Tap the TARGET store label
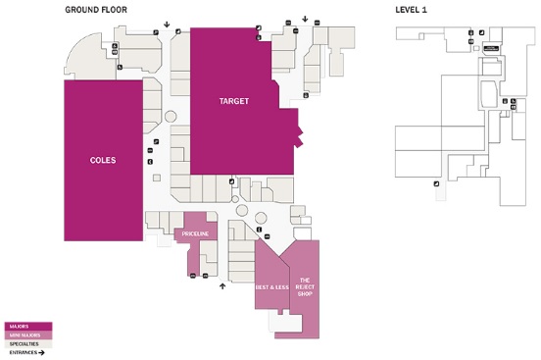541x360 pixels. coord(234,101)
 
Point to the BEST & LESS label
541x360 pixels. coord(270,287)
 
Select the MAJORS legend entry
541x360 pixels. coord(19,326)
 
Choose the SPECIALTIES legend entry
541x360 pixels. coord(24,344)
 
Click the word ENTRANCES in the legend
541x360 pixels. coord(23,353)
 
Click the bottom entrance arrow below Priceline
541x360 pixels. coord(222,286)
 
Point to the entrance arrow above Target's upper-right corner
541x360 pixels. coord(306,18)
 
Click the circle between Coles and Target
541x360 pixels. coord(171,117)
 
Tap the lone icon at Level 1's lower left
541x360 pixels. coord(435,183)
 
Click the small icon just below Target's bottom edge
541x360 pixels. coord(231,181)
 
